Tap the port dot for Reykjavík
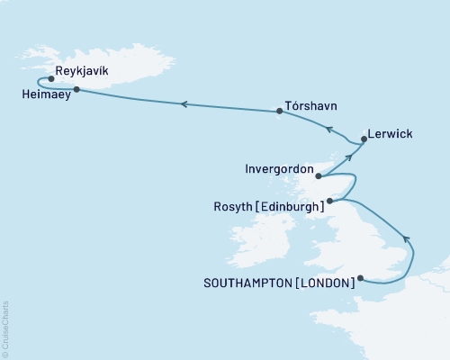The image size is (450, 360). pos(51,78)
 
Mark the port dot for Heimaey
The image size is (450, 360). pos(76,89)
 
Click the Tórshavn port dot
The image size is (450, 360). pos(280,112)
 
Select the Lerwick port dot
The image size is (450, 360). pos(364,139)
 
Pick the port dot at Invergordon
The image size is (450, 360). pos(319,176)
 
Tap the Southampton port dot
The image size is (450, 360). pos(360,278)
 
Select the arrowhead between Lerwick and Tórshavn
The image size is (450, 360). pos(329,130)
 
